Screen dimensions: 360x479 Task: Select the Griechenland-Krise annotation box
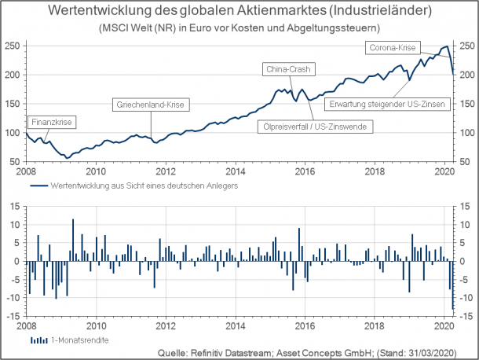pyautogui.click(x=153, y=105)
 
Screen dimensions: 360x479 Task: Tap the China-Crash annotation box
pyautogui.click(x=288, y=69)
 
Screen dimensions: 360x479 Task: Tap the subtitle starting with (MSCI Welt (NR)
pyautogui.click(x=239, y=28)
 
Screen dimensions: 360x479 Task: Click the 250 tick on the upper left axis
pyautogui.click(x=12, y=46)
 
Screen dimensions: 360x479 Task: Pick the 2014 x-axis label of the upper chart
pyautogui.click(x=235, y=170)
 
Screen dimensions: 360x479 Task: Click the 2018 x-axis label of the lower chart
pyautogui.click(x=374, y=324)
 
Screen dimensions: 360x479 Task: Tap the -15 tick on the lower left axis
pyautogui.click(x=12, y=315)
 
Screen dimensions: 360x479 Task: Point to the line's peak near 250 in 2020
pyautogui.click(x=446, y=46)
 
